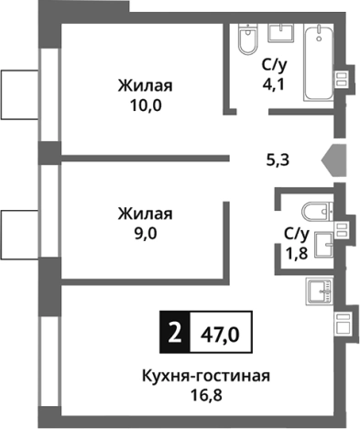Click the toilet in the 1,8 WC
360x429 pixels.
pyautogui.click(x=316, y=210)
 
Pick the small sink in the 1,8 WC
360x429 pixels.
pyautogui.click(x=323, y=245)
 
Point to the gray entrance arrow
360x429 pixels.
pyautogui.click(x=333, y=159)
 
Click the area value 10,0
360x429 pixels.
pyautogui.click(x=146, y=107)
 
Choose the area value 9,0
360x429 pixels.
pyautogui.click(x=146, y=234)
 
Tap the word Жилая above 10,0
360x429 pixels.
pyautogui.click(x=146, y=87)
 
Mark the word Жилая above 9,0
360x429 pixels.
pyautogui.click(x=146, y=214)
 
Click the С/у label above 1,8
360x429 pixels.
pyautogui.click(x=294, y=234)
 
